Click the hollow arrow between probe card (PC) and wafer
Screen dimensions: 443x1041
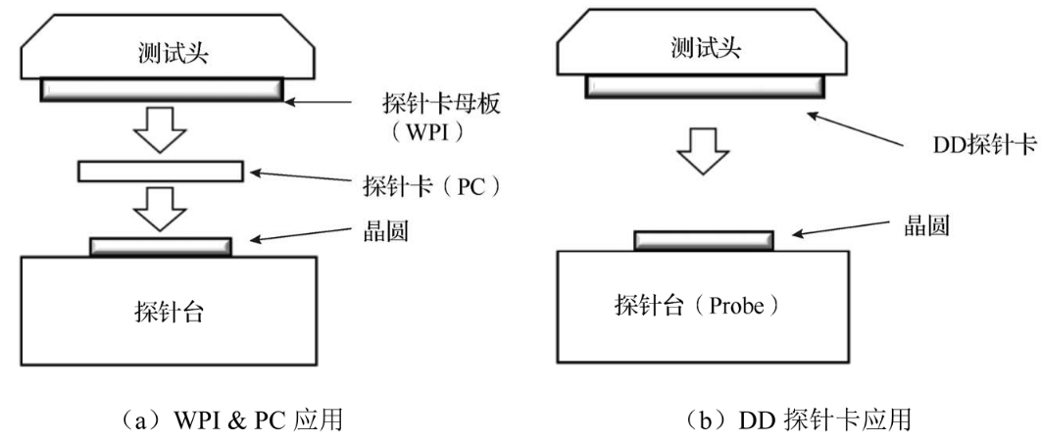click(162, 207)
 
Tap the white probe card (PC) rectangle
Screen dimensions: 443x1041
click(160, 172)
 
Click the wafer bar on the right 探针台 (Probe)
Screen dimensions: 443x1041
click(704, 240)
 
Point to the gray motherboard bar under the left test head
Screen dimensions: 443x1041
click(162, 90)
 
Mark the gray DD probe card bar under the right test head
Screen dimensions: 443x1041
click(704, 86)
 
